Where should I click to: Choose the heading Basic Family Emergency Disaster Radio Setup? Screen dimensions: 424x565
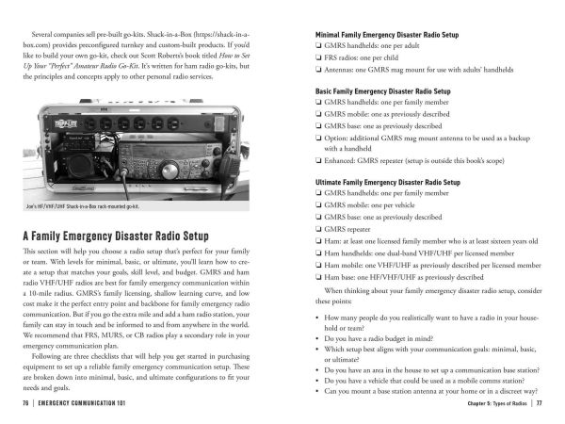point(381,91)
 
